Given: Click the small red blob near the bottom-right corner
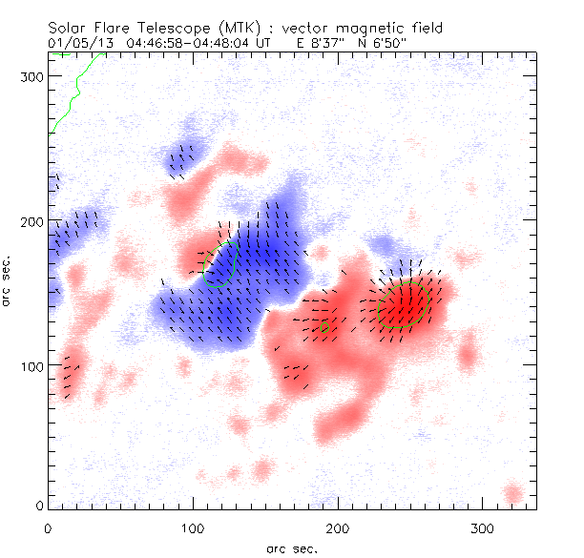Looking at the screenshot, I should point(513,493).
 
